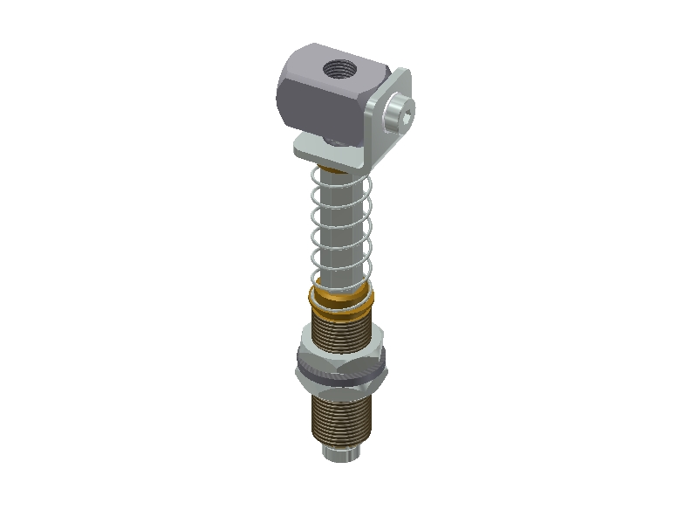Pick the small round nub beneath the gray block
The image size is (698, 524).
(x=335, y=141)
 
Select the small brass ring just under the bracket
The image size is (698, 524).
(x=332, y=169)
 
